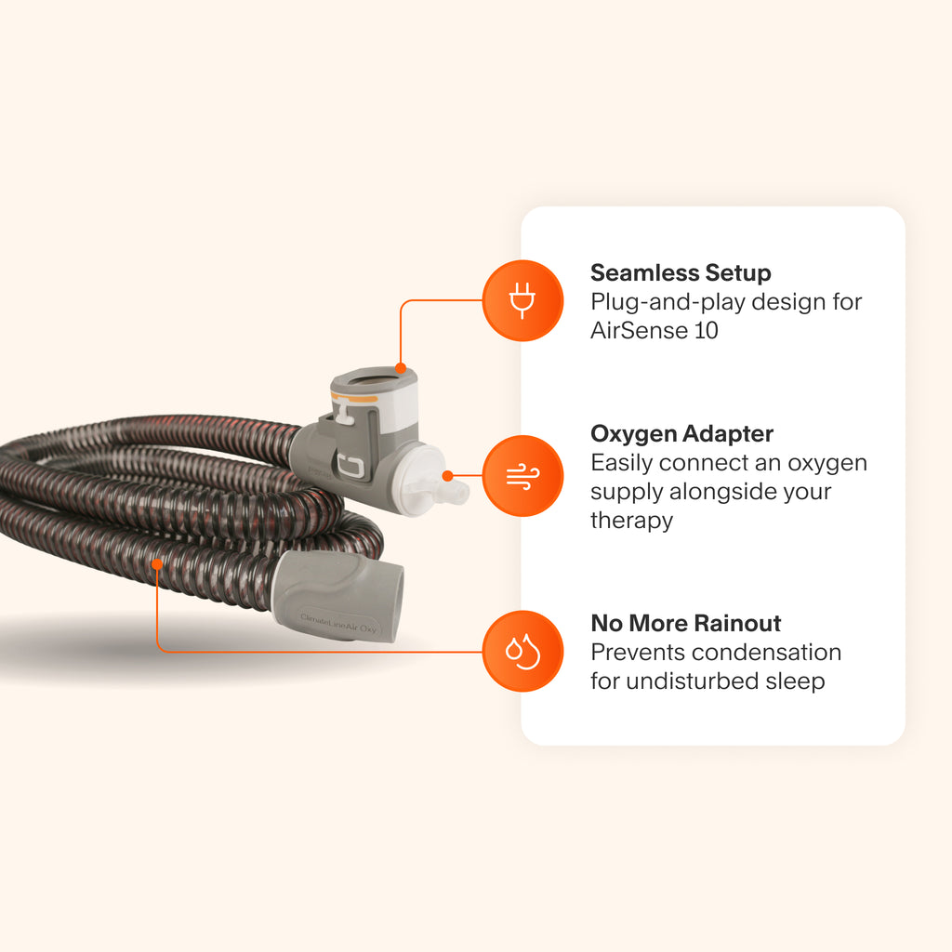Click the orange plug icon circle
(522, 300)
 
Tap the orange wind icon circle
(522, 475)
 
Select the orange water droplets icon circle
(522, 651)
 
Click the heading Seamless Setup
(681, 273)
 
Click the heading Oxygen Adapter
(681, 433)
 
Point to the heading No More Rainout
(686, 623)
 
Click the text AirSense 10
(654, 330)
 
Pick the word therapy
(631, 520)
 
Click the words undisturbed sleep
(725, 681)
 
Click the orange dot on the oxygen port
(448, 475)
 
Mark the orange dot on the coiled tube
(157, 562)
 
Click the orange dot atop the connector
(400, 368)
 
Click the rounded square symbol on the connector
(351, 466)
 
